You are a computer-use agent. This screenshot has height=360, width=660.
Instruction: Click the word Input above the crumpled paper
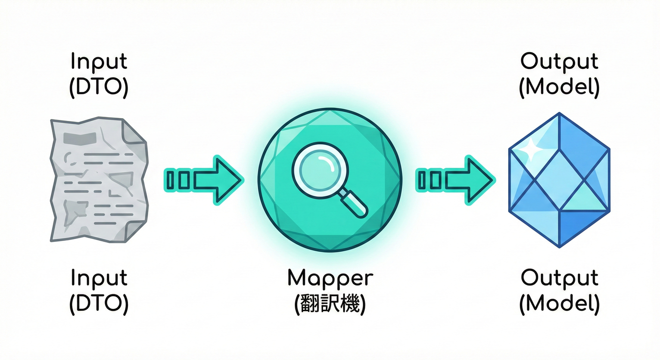[x=99, y=62]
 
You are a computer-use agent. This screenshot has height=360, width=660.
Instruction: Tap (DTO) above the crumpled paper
[x=99, y=88]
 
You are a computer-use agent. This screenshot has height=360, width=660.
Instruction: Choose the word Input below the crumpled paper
[x=99, y=278]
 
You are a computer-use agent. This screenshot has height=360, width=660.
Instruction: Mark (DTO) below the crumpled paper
[x=99, y=305]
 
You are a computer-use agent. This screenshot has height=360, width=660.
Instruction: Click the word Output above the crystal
[x=559, y=62]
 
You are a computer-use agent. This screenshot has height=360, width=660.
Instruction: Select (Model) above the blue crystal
[x=559, y=88]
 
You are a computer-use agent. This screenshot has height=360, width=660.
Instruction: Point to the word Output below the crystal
[x=559, y=278]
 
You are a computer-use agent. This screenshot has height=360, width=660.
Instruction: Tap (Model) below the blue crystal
[x=559, y=305]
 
